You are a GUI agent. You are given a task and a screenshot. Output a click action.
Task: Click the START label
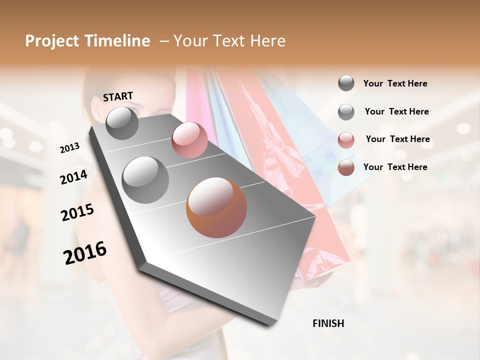pos(118,96)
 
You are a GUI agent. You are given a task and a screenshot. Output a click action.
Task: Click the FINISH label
pos(328,323)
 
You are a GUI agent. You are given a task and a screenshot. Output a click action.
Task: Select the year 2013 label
pos(69,148)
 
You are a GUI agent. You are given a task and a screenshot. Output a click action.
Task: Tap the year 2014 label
pos(73,177)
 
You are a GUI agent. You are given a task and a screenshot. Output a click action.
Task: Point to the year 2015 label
pos(77,212)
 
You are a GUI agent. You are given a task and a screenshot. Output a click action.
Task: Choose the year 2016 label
pos(85,253)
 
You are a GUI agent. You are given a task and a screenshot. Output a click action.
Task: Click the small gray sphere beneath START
pos(122,123)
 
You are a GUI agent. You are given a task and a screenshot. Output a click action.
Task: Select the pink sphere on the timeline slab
pos(189,140)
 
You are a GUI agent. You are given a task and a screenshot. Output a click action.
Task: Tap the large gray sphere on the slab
pos(145,180)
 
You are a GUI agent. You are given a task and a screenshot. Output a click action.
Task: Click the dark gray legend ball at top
pos(346,83)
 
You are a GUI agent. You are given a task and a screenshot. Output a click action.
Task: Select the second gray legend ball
pos(346,112)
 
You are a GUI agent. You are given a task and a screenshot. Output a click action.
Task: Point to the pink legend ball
pos(346,140)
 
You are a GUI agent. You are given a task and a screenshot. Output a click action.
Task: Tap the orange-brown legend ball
pos(346,167)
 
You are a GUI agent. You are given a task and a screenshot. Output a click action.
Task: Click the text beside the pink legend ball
pos(397,139)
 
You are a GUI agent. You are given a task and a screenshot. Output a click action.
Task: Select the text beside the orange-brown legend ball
pos(395,167)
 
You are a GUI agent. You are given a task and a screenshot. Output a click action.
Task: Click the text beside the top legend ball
pos(395,83)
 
